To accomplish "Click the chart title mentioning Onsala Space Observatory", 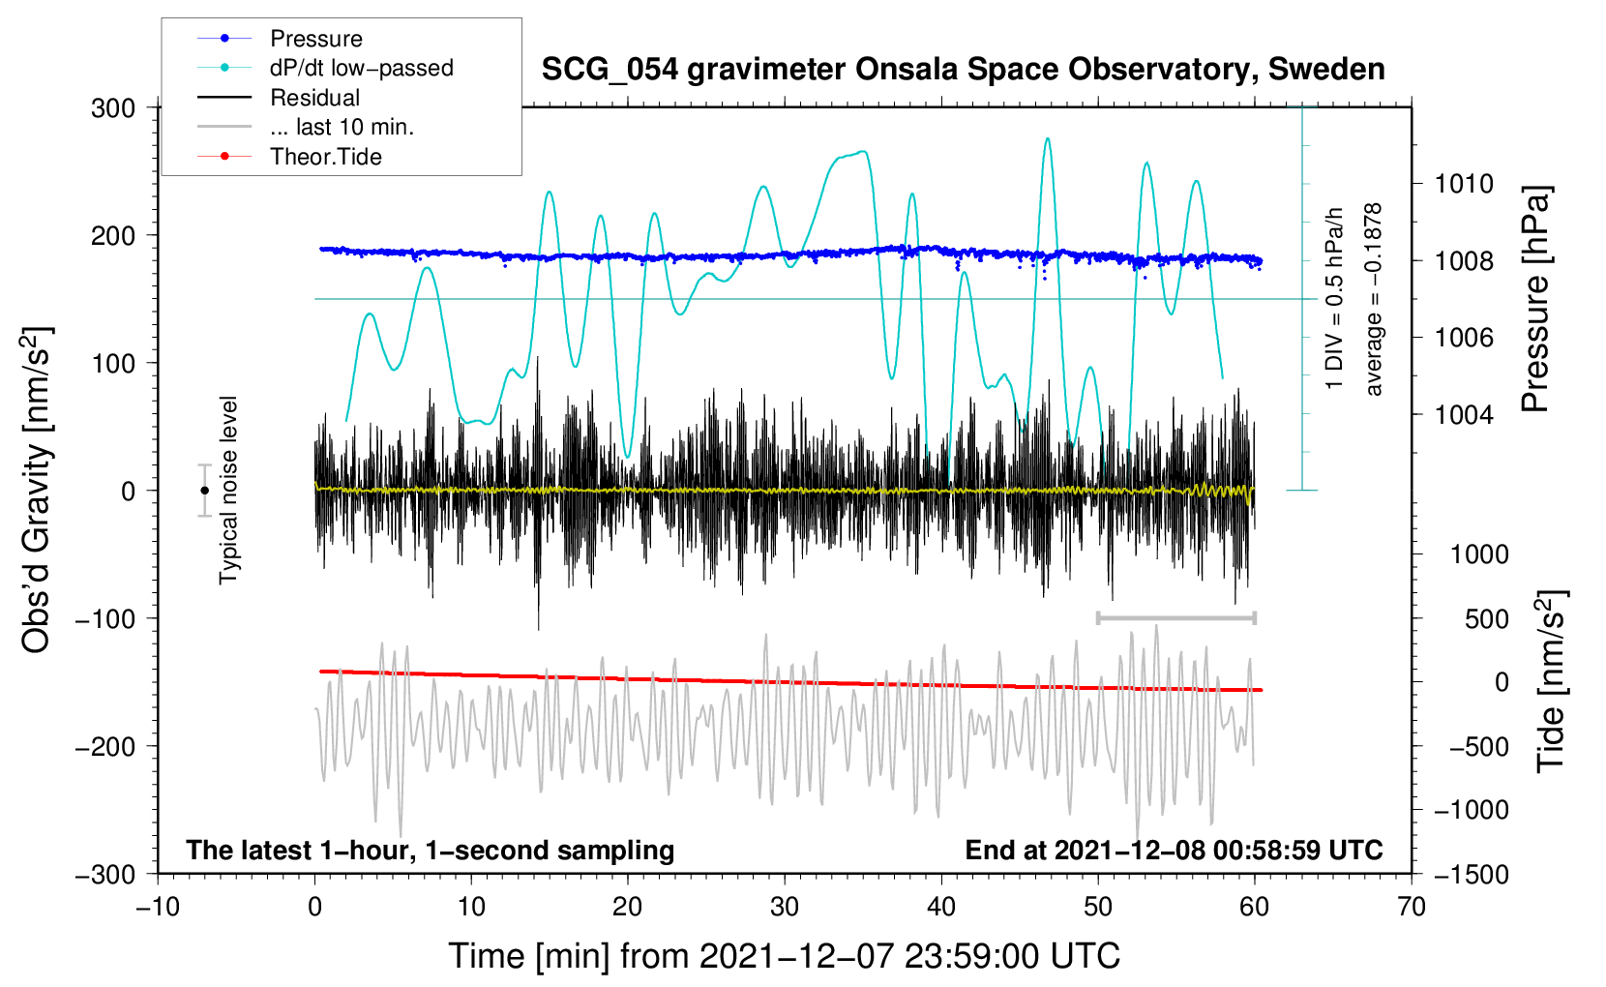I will (963, 70).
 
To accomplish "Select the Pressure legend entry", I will (315, 39).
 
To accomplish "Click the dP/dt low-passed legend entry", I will (361, 68).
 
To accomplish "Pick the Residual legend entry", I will (314, 98).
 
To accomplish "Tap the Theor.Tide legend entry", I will (325, 157).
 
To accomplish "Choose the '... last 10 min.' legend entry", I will (342, 127).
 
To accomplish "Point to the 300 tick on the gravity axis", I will (113, 107).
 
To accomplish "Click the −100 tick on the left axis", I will (105, 618).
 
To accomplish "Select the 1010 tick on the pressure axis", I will (1464, 184).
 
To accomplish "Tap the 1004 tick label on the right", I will (1464, 415).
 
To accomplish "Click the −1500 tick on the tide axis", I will (1471, 874).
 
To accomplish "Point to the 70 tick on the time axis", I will (1411, 907).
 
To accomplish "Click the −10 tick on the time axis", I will (158, 907).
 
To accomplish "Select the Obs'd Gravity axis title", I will (37, 491).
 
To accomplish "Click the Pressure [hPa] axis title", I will (1535, 299).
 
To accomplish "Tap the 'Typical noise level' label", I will (228, 490).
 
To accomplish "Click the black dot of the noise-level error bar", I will (204, 491).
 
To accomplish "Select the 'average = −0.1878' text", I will (1374, 299).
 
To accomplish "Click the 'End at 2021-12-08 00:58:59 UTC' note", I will (1174, 850).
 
